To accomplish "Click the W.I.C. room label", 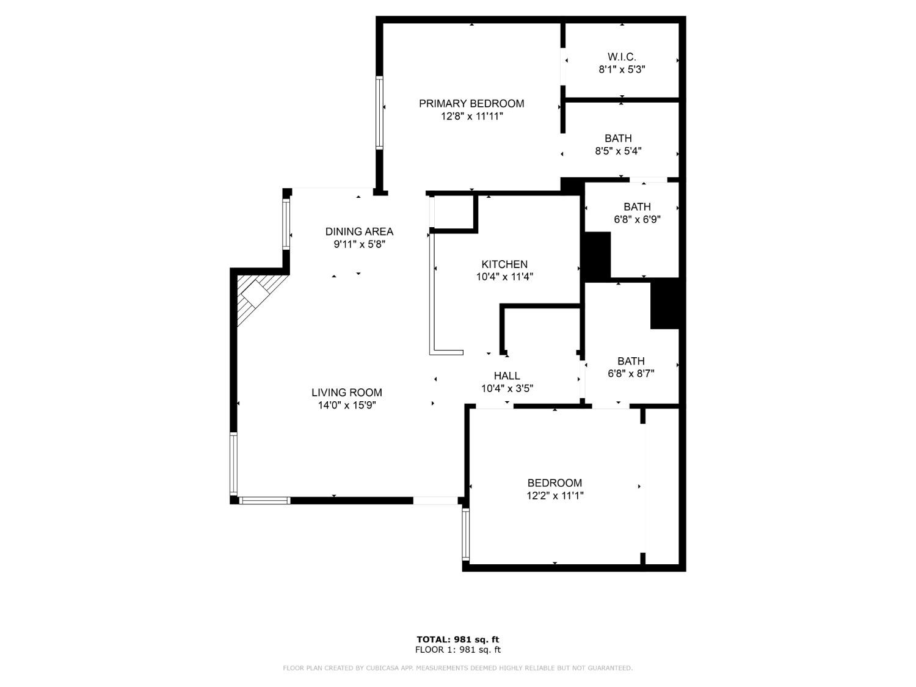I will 622,57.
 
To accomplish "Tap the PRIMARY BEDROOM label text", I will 471,104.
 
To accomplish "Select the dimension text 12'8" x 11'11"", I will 471,117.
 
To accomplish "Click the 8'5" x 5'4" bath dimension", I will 618,151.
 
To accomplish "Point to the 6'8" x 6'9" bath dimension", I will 637,219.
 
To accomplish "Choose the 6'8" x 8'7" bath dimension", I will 631,374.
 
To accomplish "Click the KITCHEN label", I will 504,264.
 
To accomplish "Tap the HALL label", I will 507,376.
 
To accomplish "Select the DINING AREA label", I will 359,231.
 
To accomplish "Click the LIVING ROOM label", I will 346,393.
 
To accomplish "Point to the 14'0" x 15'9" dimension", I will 346,405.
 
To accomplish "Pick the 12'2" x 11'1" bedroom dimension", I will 554,496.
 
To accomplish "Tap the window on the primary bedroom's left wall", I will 379,112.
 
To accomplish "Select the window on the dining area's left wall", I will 286,224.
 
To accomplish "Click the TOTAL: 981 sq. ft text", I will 457,640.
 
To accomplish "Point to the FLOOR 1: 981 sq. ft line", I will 457,650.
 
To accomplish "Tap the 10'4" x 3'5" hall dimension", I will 507,388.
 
